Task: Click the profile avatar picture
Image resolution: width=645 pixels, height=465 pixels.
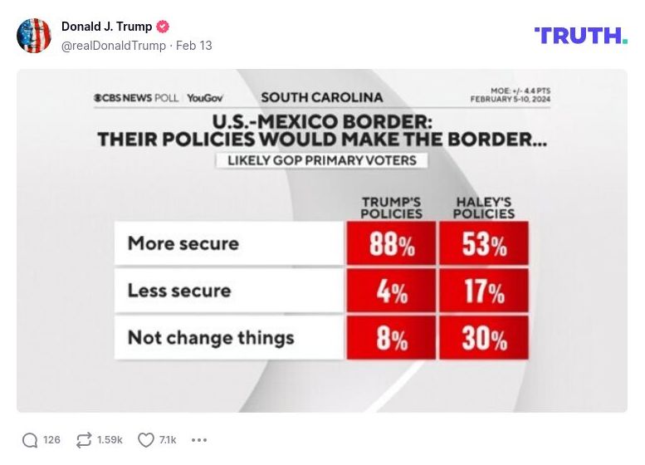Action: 34,36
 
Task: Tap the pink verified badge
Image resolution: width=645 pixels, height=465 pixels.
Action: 163,27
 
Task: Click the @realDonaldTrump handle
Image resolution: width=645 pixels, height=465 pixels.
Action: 114,46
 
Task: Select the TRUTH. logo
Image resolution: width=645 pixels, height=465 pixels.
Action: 580,35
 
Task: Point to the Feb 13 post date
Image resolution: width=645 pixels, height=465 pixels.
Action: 194,46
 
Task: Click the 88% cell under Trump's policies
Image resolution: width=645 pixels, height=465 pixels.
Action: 392,244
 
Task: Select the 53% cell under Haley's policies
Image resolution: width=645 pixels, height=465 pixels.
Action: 484,244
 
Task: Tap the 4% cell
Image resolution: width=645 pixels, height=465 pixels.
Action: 392,291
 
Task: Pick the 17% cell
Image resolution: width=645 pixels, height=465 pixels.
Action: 484,291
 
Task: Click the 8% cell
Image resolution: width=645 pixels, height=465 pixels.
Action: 392,338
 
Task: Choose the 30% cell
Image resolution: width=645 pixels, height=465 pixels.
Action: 484,338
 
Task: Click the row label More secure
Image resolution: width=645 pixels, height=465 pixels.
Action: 183,243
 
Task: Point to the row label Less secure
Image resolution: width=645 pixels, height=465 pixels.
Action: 178,291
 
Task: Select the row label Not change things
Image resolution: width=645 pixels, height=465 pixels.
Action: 210,338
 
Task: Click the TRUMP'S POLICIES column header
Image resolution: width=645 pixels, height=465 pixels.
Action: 391,208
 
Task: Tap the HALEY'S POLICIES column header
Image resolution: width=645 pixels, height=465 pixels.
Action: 484,208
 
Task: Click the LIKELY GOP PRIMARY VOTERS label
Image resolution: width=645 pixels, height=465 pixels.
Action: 322,160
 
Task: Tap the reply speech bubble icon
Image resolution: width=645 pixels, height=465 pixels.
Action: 30,440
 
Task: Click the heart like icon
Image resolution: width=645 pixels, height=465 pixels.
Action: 146,440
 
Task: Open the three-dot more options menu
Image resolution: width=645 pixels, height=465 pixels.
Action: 199,440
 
